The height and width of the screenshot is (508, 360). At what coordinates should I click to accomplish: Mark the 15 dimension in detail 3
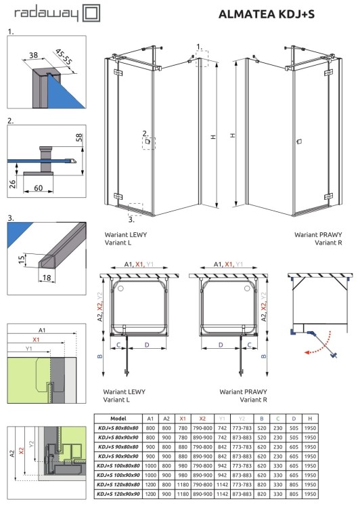[22, 257]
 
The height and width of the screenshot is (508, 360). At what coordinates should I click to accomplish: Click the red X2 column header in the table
[202, 419]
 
